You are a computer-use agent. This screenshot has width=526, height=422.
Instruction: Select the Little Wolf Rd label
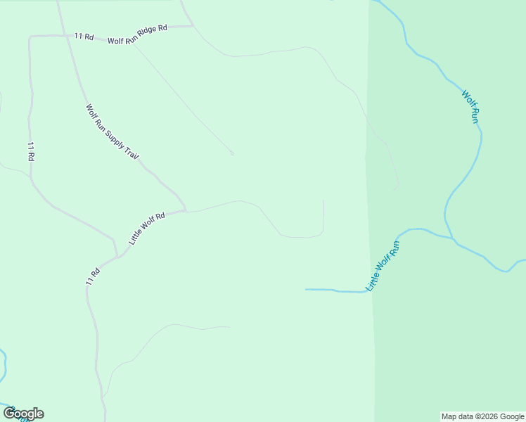[147, 228]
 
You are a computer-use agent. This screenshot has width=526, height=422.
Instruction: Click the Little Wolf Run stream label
[383, 266]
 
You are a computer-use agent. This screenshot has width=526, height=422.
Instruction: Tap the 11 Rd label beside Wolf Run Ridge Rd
[84, 35]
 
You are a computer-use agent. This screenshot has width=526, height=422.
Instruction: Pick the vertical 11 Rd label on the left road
[31, 152]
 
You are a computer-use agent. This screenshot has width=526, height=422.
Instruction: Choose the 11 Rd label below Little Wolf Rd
[92, 276]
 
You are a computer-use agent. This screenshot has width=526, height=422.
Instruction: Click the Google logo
[23, 414]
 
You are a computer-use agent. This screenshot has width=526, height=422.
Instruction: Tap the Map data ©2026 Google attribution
[482, 416]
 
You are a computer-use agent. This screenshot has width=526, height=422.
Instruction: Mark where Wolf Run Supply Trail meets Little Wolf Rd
[185, 210]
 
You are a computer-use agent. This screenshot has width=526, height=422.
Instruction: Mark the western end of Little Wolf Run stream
[306, 289]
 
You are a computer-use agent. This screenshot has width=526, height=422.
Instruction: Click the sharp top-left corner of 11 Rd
[30, 37]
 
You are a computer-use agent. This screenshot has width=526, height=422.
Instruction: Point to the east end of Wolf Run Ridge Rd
[193, 27]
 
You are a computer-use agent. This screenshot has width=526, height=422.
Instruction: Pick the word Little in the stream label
[373, 281]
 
